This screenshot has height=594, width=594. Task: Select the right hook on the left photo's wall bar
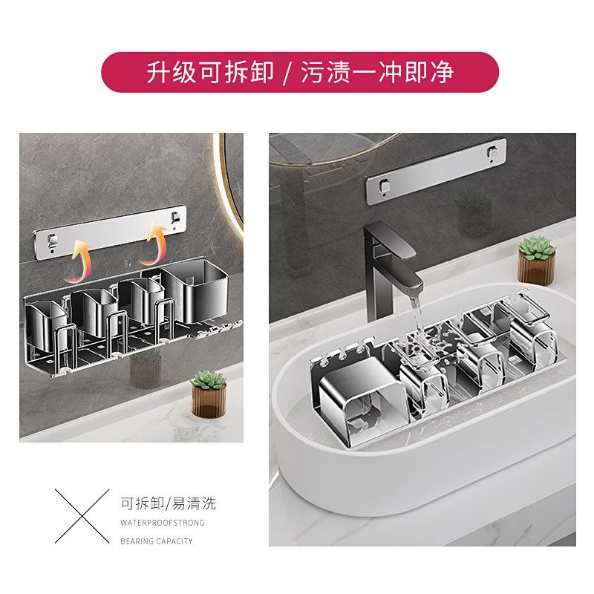[x=175, y=218]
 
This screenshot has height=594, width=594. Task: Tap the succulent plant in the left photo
[x=208, y=381]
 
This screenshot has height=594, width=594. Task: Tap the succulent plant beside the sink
[x=535, y=247]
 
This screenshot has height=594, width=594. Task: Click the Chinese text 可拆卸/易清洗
[x=168, y=504]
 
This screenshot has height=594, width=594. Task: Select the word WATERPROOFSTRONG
[x=162, y=523]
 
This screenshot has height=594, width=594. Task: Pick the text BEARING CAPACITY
[x=156, y=541]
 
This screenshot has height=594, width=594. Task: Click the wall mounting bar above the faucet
[x=435, y=172]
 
